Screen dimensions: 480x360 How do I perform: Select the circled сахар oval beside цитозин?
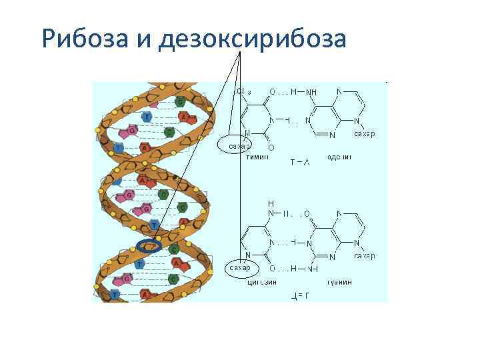238,268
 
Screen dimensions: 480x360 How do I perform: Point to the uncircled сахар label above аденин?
363,134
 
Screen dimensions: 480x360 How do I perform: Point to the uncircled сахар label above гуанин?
364,256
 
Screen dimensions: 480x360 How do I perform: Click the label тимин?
257,157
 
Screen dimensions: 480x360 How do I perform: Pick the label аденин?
339,157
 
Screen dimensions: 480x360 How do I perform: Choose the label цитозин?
262,281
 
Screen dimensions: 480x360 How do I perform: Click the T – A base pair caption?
299,162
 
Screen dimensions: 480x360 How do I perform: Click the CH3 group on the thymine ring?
243,91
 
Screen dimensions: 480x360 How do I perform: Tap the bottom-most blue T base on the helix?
116,294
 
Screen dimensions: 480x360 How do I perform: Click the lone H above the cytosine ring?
271,203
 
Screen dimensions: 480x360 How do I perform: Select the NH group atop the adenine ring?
311,92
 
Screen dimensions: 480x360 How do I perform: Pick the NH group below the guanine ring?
311,269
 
